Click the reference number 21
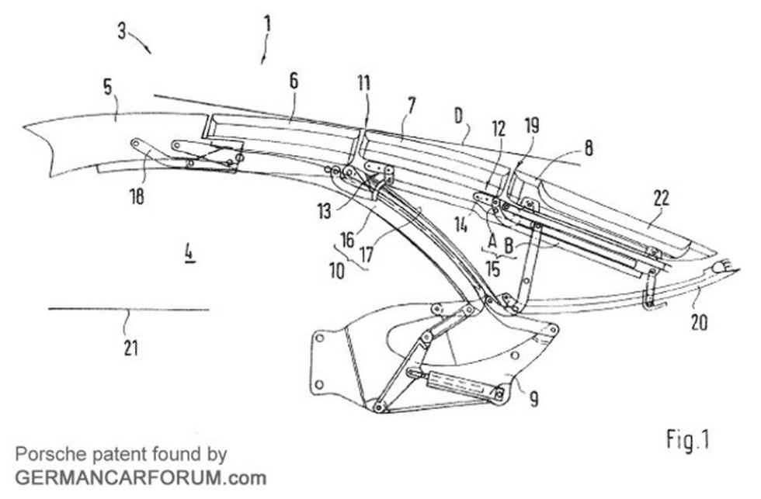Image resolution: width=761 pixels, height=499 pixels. (130, 348)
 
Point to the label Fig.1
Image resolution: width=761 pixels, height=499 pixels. (688, 440)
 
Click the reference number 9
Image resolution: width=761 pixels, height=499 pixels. (533, 399)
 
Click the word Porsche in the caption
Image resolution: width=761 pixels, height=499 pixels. (45, 454)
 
